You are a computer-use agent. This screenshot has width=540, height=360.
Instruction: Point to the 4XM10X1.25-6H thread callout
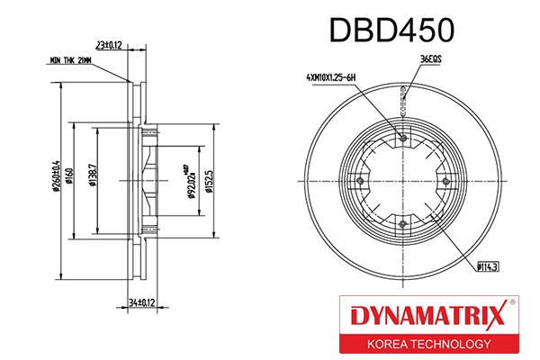point(331,78)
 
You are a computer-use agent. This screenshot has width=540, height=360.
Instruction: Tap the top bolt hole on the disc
point(402,138)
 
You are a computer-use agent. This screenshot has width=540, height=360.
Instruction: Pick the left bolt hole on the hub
point(360,180)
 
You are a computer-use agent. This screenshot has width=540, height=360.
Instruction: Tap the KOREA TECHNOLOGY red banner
point(427,343)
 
